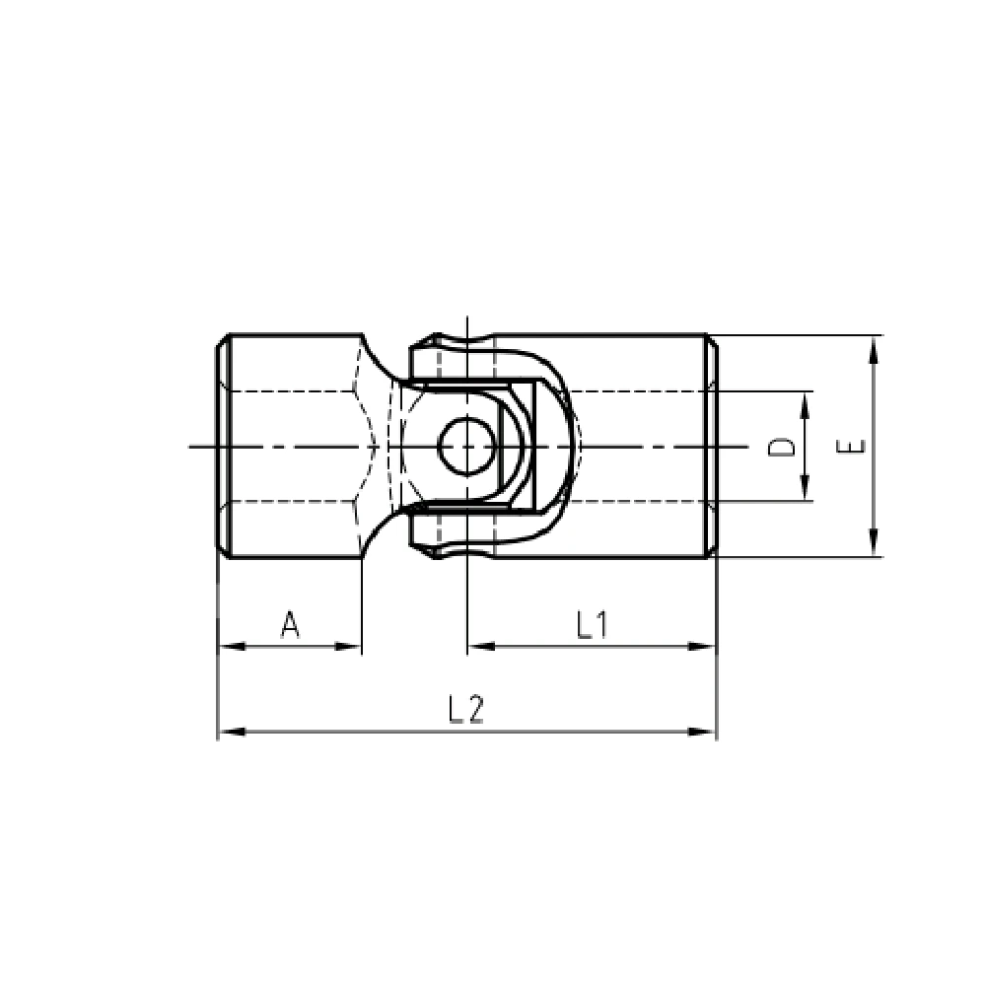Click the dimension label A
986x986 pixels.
click(x=290, y=624)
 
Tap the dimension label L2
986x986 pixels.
click(x=466, y=709)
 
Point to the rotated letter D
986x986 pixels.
click(x=782, y=447)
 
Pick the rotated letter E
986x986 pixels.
click(x=851, y=447)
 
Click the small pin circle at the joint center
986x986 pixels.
click(x=466, y=447)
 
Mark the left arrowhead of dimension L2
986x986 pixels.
click(x=231, y=732)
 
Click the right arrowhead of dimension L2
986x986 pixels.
click(x=702, y=732)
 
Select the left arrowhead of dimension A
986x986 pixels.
click(x=231, y=646)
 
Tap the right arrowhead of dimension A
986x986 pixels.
click(x=348, y=646)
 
